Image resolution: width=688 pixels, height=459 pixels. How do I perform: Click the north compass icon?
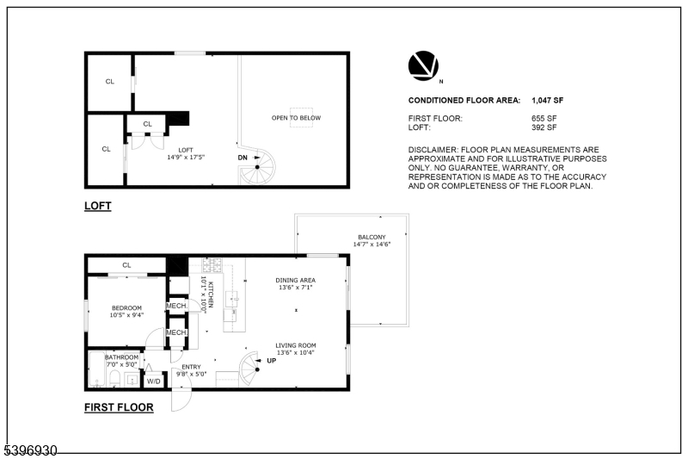pyautogui.click(x=422, y=65)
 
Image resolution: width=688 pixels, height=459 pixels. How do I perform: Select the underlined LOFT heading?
pyautogui.click(x=98, y=206)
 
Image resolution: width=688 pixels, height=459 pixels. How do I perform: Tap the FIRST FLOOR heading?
pyautogui.click(x=119, y=407)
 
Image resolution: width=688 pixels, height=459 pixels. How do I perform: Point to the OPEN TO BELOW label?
pyautogui.click(x=297, y=118)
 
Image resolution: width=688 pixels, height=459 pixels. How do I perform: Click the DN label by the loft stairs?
pyautogui.click(x=243, y=158)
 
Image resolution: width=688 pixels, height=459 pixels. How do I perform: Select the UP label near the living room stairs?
pyautogui.click(x=272, y=360)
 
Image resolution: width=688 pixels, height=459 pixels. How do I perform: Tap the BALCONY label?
pyautogui.click(x=372, y=237)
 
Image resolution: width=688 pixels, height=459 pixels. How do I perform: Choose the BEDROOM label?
pyautogui.click(x=126, y=307)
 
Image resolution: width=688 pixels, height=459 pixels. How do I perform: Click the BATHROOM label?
pyautogui.click(x=121, y=357)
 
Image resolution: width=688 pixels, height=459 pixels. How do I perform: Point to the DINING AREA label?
pyautogui.click(x=296, y=280)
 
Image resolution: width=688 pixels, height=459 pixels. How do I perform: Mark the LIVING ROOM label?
pyautogui.click(x=296, y=345)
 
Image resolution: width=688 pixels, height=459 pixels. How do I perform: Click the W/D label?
pyautogui.click(x=154, y=380)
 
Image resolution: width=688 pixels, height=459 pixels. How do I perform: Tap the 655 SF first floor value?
pyautogui.click(x=544, y=118)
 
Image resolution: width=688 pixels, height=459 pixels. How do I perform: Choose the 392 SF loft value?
pyautogui.click(x=544, y=127)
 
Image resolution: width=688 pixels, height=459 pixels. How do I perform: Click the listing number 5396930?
pyautogui.click(x=30, y=450)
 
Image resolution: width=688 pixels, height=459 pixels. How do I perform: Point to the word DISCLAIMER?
pyautogui.click(x=433, y=150)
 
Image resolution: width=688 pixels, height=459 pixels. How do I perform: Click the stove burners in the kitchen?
pyautogui.click(x=212, y=264)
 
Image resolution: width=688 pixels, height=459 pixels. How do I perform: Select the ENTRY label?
pyautogui.click(x=191, y=367)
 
